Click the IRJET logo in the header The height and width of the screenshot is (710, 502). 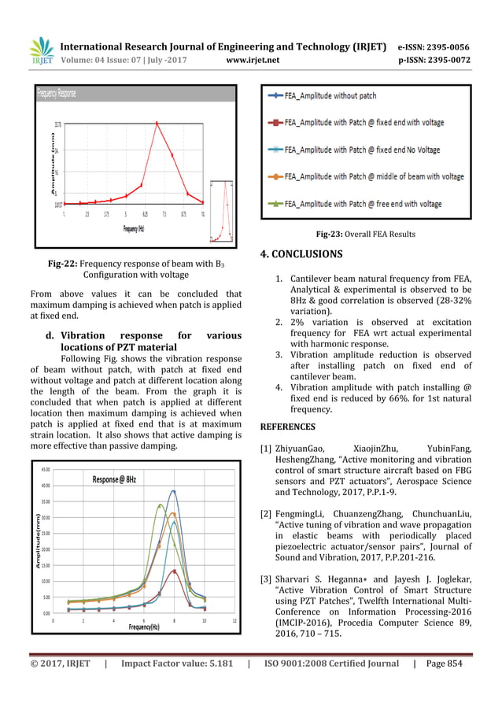[x=40, y=52]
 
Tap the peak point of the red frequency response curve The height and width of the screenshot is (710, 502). [x=157, y=123]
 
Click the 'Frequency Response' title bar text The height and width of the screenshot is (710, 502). [x=56, y=94]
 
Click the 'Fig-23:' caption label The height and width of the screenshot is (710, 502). [x=330, y=234]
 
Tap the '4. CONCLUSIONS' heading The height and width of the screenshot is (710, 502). [x=301, y=254]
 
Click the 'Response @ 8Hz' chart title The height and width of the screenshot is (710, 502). [x=114, y=479]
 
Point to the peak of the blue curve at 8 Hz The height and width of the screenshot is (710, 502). [x=174, y=491]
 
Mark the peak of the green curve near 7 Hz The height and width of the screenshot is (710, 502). [x=161, y=505]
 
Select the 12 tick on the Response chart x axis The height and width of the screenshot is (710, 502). [x=234, y=619]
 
